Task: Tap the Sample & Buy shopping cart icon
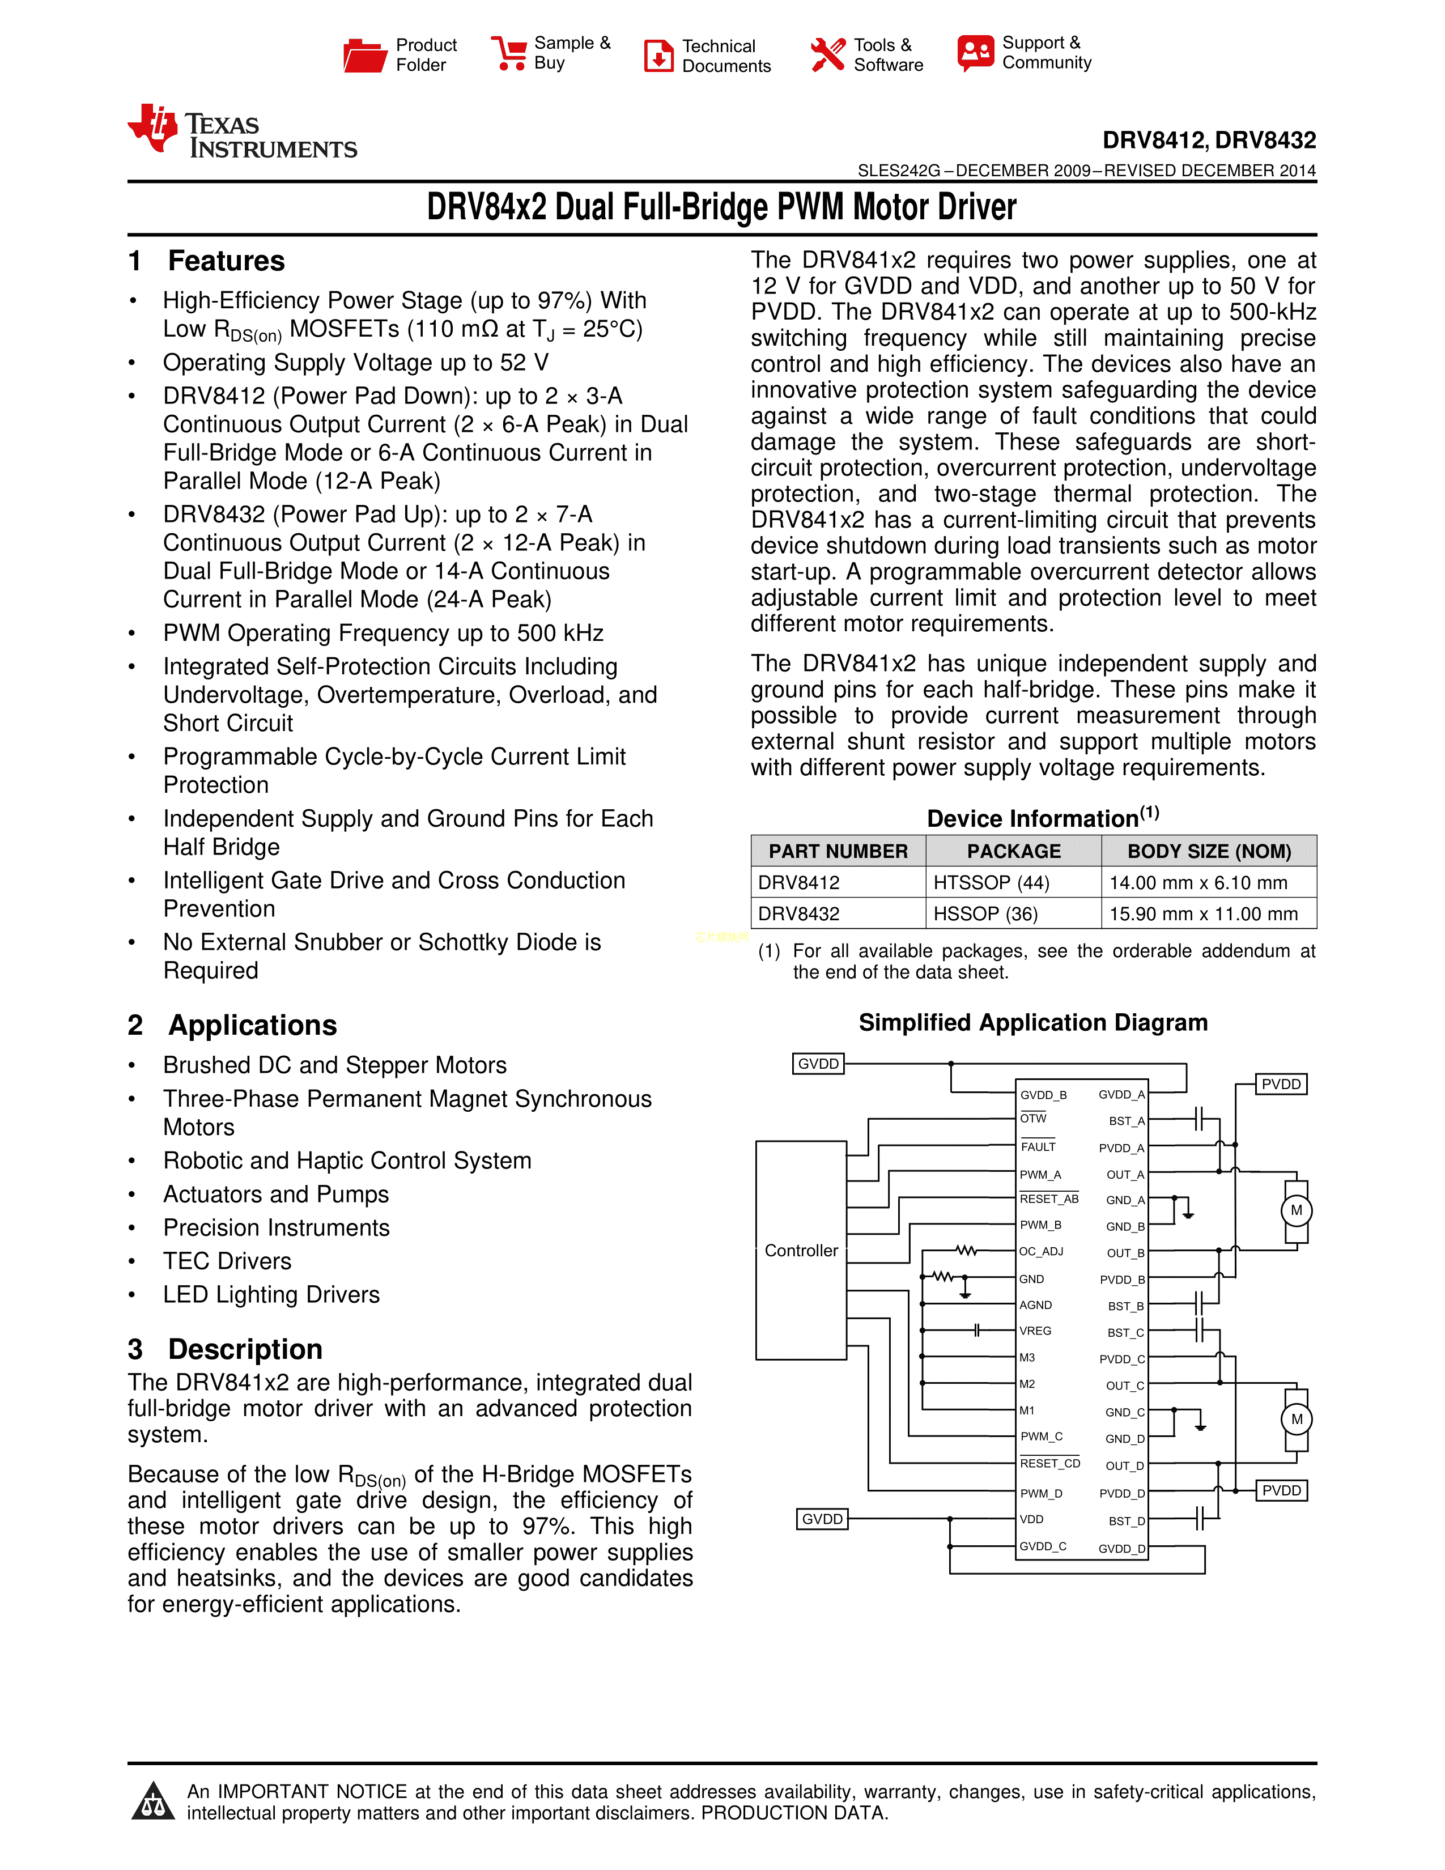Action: point(508,53)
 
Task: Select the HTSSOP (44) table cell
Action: point(991,883)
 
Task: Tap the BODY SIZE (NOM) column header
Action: point(1209,851)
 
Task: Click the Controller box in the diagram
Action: point(801,1250)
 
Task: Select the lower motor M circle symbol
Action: point(1296,1419)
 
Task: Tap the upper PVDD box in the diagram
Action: point(1281,1084)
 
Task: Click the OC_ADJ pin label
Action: point(1041,1252)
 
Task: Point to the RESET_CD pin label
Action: point(1049,1463)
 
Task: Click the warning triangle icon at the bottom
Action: point(153,1801)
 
